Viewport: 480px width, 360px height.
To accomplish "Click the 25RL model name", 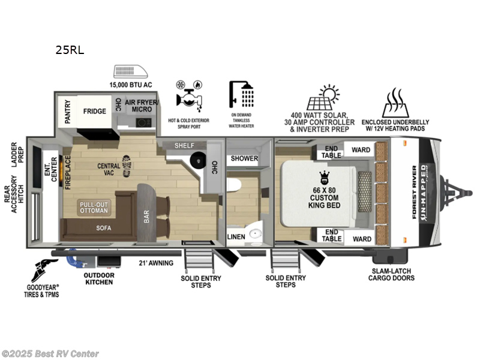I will pyautogui.click(x=70, y=50).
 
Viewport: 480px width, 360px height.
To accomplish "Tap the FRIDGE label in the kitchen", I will pyautogui.click(x=94, y=111).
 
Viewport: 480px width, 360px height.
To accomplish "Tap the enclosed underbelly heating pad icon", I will pyautogui.click(x=400, y=102).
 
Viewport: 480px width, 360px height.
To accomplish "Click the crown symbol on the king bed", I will pyautogui.click(x=325, y=176).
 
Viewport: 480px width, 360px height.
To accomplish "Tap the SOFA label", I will pyautogui.click(x=104, y=228).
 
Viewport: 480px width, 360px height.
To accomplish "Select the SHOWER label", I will pyautogui.click(x=245, y=159).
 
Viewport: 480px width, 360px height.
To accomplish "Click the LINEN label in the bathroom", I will pyautogui.click(x=236, y=236).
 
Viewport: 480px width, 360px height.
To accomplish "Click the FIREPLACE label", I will pyautogui.click(x=67, y=173).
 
